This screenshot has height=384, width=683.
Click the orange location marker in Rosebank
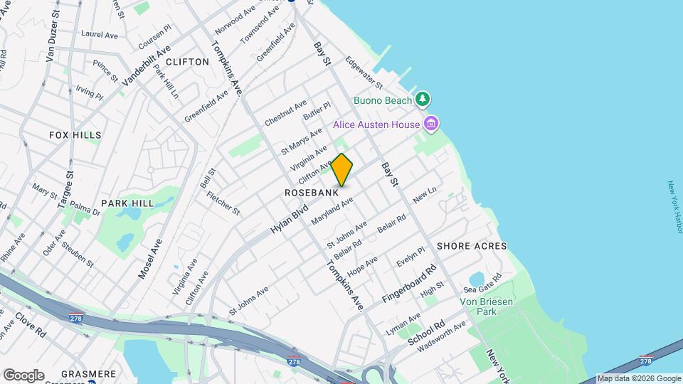coord(342,170)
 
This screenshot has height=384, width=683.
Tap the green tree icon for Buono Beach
coord(423,99)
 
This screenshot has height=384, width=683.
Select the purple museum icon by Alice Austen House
coord(430,124)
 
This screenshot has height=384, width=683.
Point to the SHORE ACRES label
coord(472,246)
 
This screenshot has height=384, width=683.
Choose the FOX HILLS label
coord(75,134)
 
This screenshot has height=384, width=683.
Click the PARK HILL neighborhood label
coord(127,203)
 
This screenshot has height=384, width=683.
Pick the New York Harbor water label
coord(675,207)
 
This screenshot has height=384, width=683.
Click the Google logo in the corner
coord(23,375)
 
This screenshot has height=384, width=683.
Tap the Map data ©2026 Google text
coord(638,378)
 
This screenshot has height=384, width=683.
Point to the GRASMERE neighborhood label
coord(88,373)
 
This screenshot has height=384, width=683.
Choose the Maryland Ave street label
coord(332,212)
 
